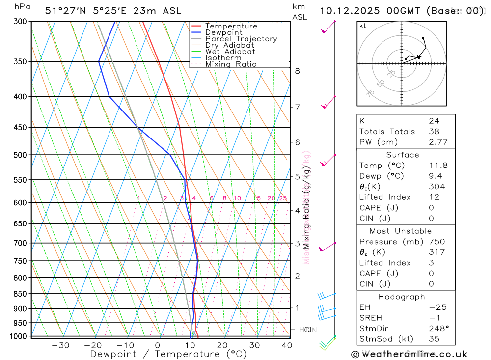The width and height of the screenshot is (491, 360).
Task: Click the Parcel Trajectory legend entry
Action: pyautogui.click(x=241, y=39)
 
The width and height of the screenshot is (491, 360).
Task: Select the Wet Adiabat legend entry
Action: pyautogui.click(x=230, y=52)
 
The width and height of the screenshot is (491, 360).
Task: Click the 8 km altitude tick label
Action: pyautogui.click(x=297, y=71)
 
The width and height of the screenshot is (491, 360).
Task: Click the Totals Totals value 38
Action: pyautogui.click(x=434, y=132)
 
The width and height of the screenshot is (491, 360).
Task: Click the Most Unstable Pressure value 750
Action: pyautogui.click(x=436, y=242)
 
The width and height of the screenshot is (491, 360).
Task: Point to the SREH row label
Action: pyautogui.click(x=371, y=318)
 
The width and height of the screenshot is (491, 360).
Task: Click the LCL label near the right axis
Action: pyautogui.click(x=306, y=330)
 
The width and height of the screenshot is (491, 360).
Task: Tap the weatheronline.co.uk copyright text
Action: pyautogui.click(x=409, y=354)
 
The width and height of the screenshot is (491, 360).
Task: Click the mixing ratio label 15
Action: pyautogui.click(x=257, y=198)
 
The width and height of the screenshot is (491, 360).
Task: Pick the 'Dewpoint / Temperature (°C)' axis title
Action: pyautogui.click(x=168, y=354)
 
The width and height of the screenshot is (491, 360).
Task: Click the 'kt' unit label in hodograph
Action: pyautogui.click(x=362, y=26)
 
